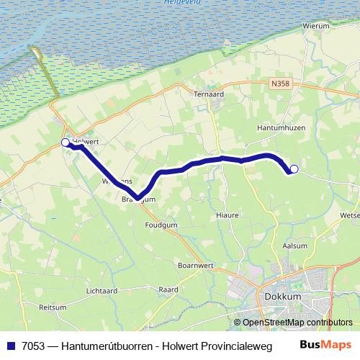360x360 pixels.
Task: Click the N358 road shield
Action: [281, 84]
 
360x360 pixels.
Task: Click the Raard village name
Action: [168, 289]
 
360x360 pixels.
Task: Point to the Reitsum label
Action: [53, 307]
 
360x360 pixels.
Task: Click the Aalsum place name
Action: [295, 246]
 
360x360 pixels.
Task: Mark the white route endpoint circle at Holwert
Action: [66, 143]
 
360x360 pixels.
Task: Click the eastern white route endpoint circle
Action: [294, 169]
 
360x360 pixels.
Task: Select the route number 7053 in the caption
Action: [32, 345]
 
